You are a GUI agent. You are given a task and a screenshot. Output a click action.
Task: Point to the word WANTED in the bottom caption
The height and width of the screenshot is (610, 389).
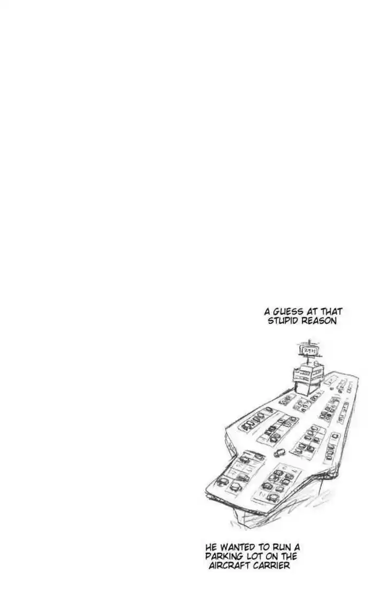[236, 547]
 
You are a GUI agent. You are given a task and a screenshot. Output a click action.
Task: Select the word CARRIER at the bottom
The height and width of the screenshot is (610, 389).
[271, 566]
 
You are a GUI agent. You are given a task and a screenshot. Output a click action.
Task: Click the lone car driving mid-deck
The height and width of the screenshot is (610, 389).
[279, 453]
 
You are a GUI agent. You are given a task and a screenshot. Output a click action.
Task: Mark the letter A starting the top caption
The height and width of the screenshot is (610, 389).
[268, 311]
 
